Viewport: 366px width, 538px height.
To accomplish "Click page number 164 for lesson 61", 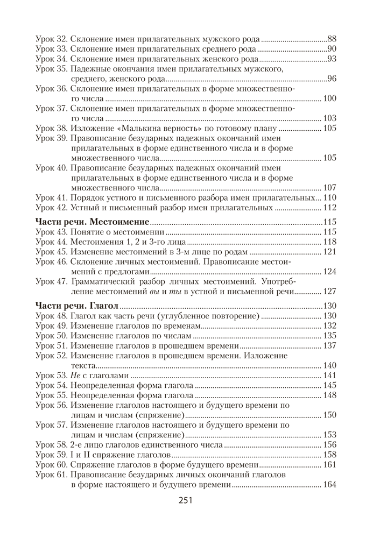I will (329, 485).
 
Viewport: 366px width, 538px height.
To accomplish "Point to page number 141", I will (329, 375).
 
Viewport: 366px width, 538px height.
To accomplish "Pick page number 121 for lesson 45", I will (329, 252).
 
